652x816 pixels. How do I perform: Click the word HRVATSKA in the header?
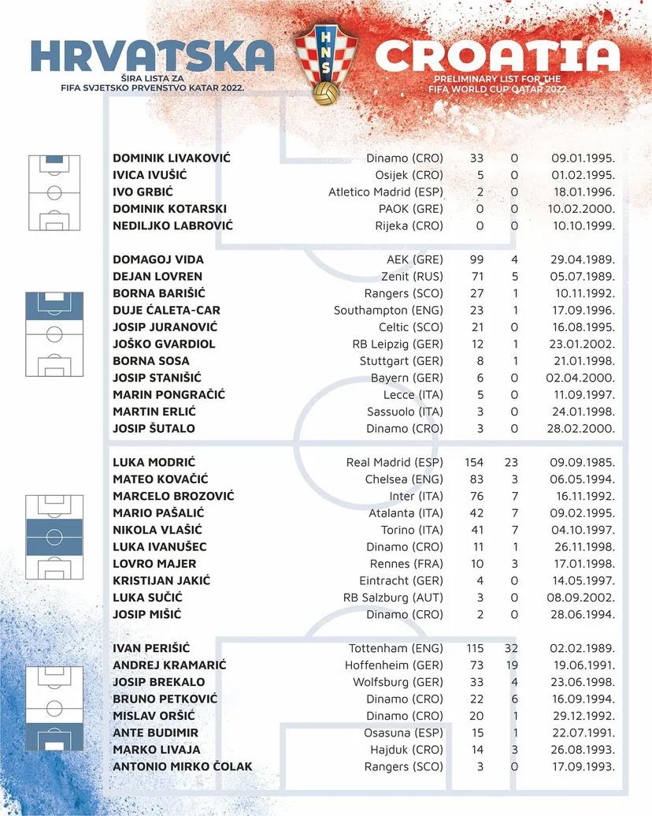coord(153,55)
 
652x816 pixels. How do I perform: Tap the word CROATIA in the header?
coord(498,55)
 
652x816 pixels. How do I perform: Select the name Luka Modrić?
coord(154,462)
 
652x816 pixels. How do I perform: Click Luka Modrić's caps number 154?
coord(473,462)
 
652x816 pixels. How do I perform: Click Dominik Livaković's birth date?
coord(583,158)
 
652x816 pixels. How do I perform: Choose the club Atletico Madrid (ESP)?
coord(386,192)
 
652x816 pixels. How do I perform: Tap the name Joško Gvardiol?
coord(164,344)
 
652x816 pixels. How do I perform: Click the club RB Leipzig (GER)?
coord(398,344)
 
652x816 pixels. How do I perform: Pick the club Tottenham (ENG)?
coord(396,648)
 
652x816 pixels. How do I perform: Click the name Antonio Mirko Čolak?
coord(183,766)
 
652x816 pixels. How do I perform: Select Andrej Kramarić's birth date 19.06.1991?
coord(583,665)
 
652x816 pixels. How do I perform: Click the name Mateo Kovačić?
coord(157,479)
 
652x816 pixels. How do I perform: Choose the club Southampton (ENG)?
coord(389,310)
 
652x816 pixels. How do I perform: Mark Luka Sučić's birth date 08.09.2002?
coord(583,598)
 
